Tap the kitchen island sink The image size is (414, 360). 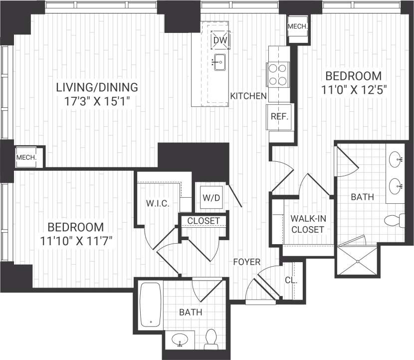(219, 63)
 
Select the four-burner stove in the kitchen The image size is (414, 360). (279, 74)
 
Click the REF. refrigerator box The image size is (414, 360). (277, 116)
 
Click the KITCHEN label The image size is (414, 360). (248, 96)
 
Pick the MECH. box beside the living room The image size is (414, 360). (26, 158)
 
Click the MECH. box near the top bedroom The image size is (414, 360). (297, 26)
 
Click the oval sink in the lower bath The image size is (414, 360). (180, 341)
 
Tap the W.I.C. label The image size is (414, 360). (159, 204)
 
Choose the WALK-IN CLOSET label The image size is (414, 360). (307, 224)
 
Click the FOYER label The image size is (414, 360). (246, 261)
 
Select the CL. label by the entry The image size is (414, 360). (291, 280)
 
